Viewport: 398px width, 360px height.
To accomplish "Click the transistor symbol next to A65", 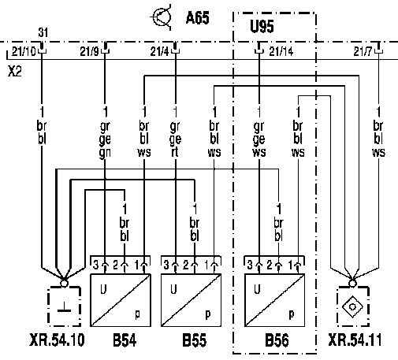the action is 162,17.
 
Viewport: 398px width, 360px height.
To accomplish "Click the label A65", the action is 198,18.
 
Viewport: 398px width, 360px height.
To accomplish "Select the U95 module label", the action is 262,26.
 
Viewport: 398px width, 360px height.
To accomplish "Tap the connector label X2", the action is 15,71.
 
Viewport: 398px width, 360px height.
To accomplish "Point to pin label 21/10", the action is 24,51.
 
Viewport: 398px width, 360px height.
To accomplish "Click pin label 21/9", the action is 90,51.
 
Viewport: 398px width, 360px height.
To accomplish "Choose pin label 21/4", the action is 160,51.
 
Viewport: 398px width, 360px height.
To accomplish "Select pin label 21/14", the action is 281,51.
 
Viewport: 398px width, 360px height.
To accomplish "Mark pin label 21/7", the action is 363,51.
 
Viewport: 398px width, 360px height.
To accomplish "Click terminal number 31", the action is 43,32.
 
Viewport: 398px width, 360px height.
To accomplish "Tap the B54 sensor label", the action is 125,340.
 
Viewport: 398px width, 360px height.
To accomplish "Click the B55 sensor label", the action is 195,340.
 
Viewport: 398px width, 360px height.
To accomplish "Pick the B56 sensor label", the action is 277,340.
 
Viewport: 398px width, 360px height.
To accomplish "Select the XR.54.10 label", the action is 57,340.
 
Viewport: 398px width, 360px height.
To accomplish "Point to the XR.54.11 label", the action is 355,340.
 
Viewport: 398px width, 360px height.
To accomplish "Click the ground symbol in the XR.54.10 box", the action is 64,307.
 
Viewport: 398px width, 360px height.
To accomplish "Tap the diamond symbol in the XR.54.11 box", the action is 352,306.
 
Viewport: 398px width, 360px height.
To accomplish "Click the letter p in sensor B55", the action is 207,314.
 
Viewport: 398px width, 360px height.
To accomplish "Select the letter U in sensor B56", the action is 257,289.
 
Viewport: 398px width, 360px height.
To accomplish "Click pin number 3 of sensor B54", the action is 95,265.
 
